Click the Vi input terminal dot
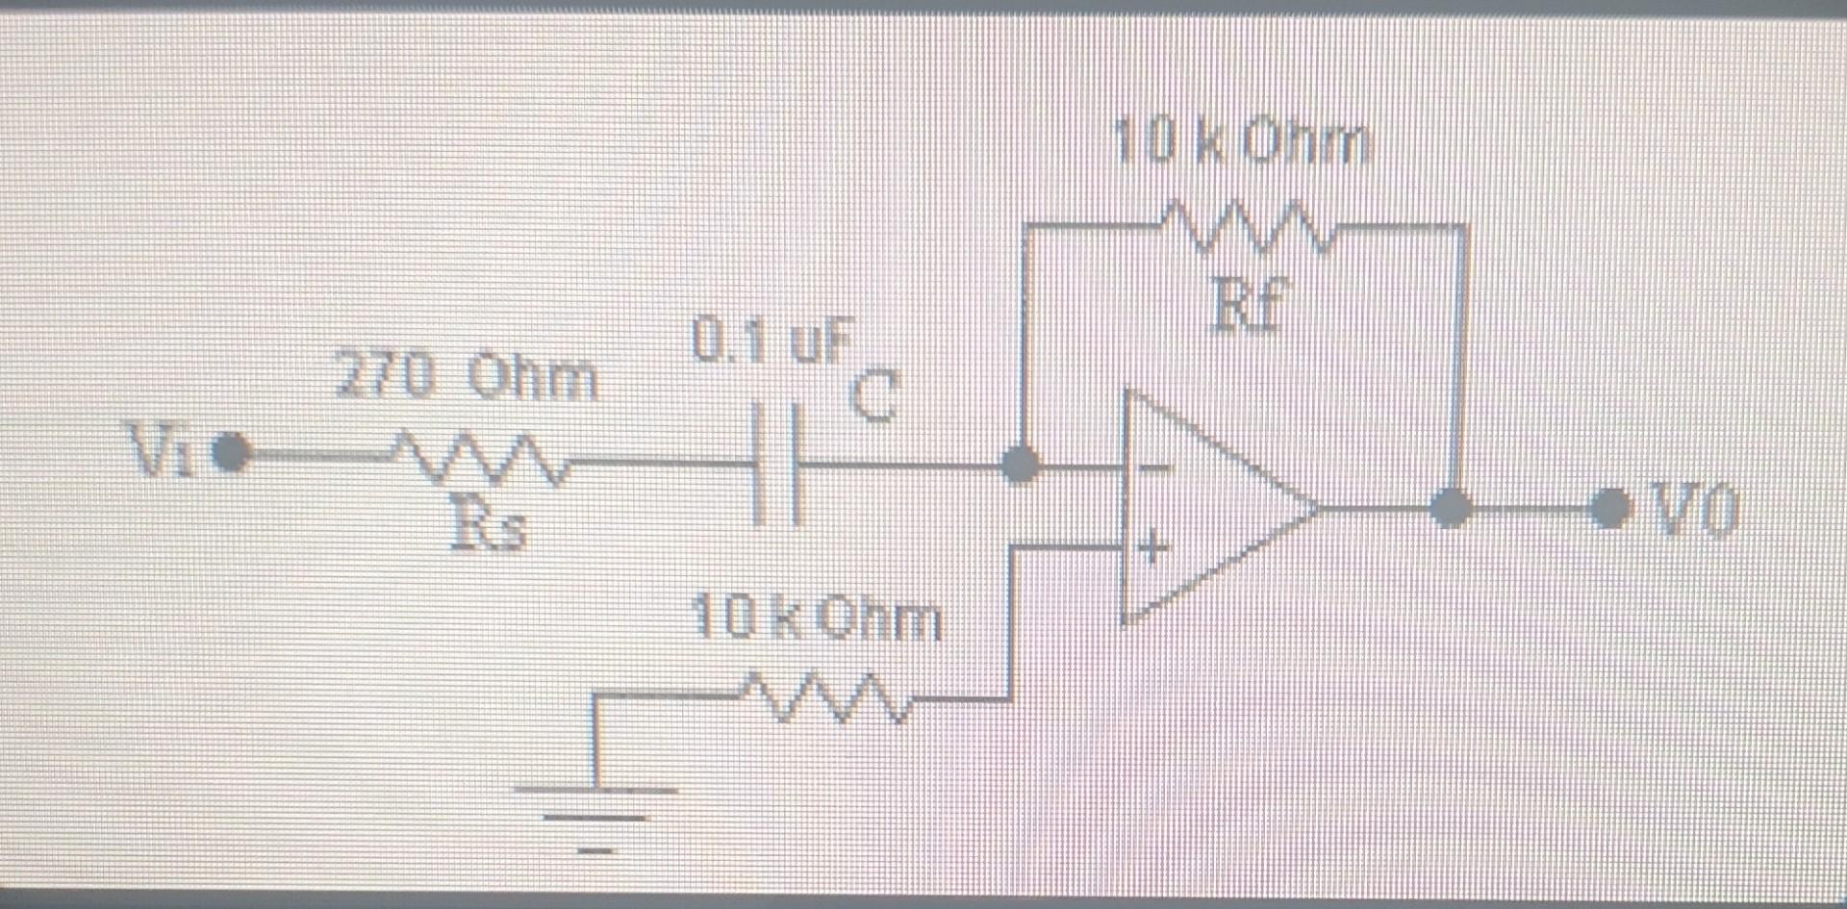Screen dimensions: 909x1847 point(230,452)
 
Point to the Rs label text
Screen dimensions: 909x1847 point(490,527)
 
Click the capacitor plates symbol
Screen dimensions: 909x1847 point(775,466)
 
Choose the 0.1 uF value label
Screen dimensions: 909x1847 point(772,341)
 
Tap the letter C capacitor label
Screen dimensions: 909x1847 point(873,396)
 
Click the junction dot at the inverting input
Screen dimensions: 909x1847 point(1020,465)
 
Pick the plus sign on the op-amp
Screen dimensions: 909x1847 point(1152,549)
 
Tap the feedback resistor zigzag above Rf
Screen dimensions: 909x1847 point(1247,227)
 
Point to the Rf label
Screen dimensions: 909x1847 point(1249,306)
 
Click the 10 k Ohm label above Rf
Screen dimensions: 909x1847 point(1239,143)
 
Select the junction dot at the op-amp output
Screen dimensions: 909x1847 point(1451,507)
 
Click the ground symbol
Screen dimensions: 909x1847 point(595,818)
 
